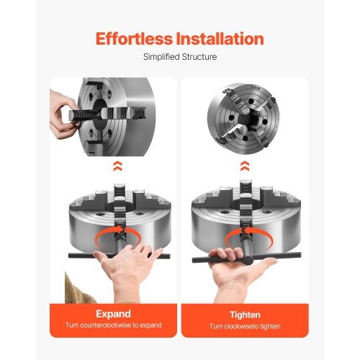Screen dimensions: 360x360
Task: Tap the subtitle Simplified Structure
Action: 179,57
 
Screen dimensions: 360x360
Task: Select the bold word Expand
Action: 114,314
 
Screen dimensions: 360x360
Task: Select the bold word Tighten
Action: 246,314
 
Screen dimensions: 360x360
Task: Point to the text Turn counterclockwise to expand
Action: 114,325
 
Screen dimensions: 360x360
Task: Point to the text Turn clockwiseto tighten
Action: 246,326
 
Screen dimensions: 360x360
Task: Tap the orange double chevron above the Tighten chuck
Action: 246,167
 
